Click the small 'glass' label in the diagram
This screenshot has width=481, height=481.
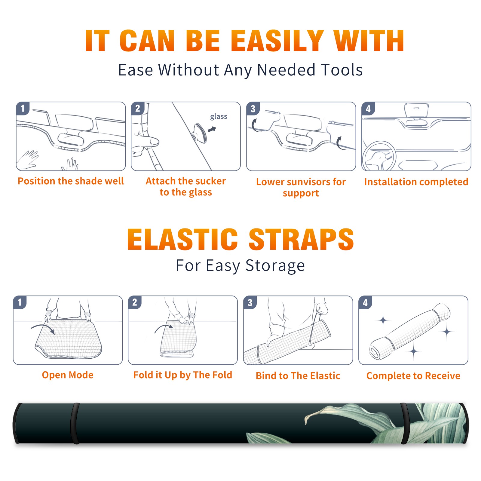(x=219, y=117)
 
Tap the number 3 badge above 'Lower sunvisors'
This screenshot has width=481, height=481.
(x=253, y=109)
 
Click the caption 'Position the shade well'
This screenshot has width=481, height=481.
(x=71, y=181)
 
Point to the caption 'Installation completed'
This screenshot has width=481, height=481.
(x=416, y=182)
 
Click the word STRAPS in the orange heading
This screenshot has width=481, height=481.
(x=301, y=239)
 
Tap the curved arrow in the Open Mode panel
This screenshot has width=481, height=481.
(x=43, y=328)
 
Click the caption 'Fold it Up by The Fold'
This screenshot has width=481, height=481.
(x=183, y=375)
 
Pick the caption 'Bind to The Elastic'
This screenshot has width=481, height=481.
(x=298, y=376)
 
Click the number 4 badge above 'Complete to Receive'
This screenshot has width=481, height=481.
(x=365, y=302)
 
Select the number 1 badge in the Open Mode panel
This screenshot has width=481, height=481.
(x=20, y=302)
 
